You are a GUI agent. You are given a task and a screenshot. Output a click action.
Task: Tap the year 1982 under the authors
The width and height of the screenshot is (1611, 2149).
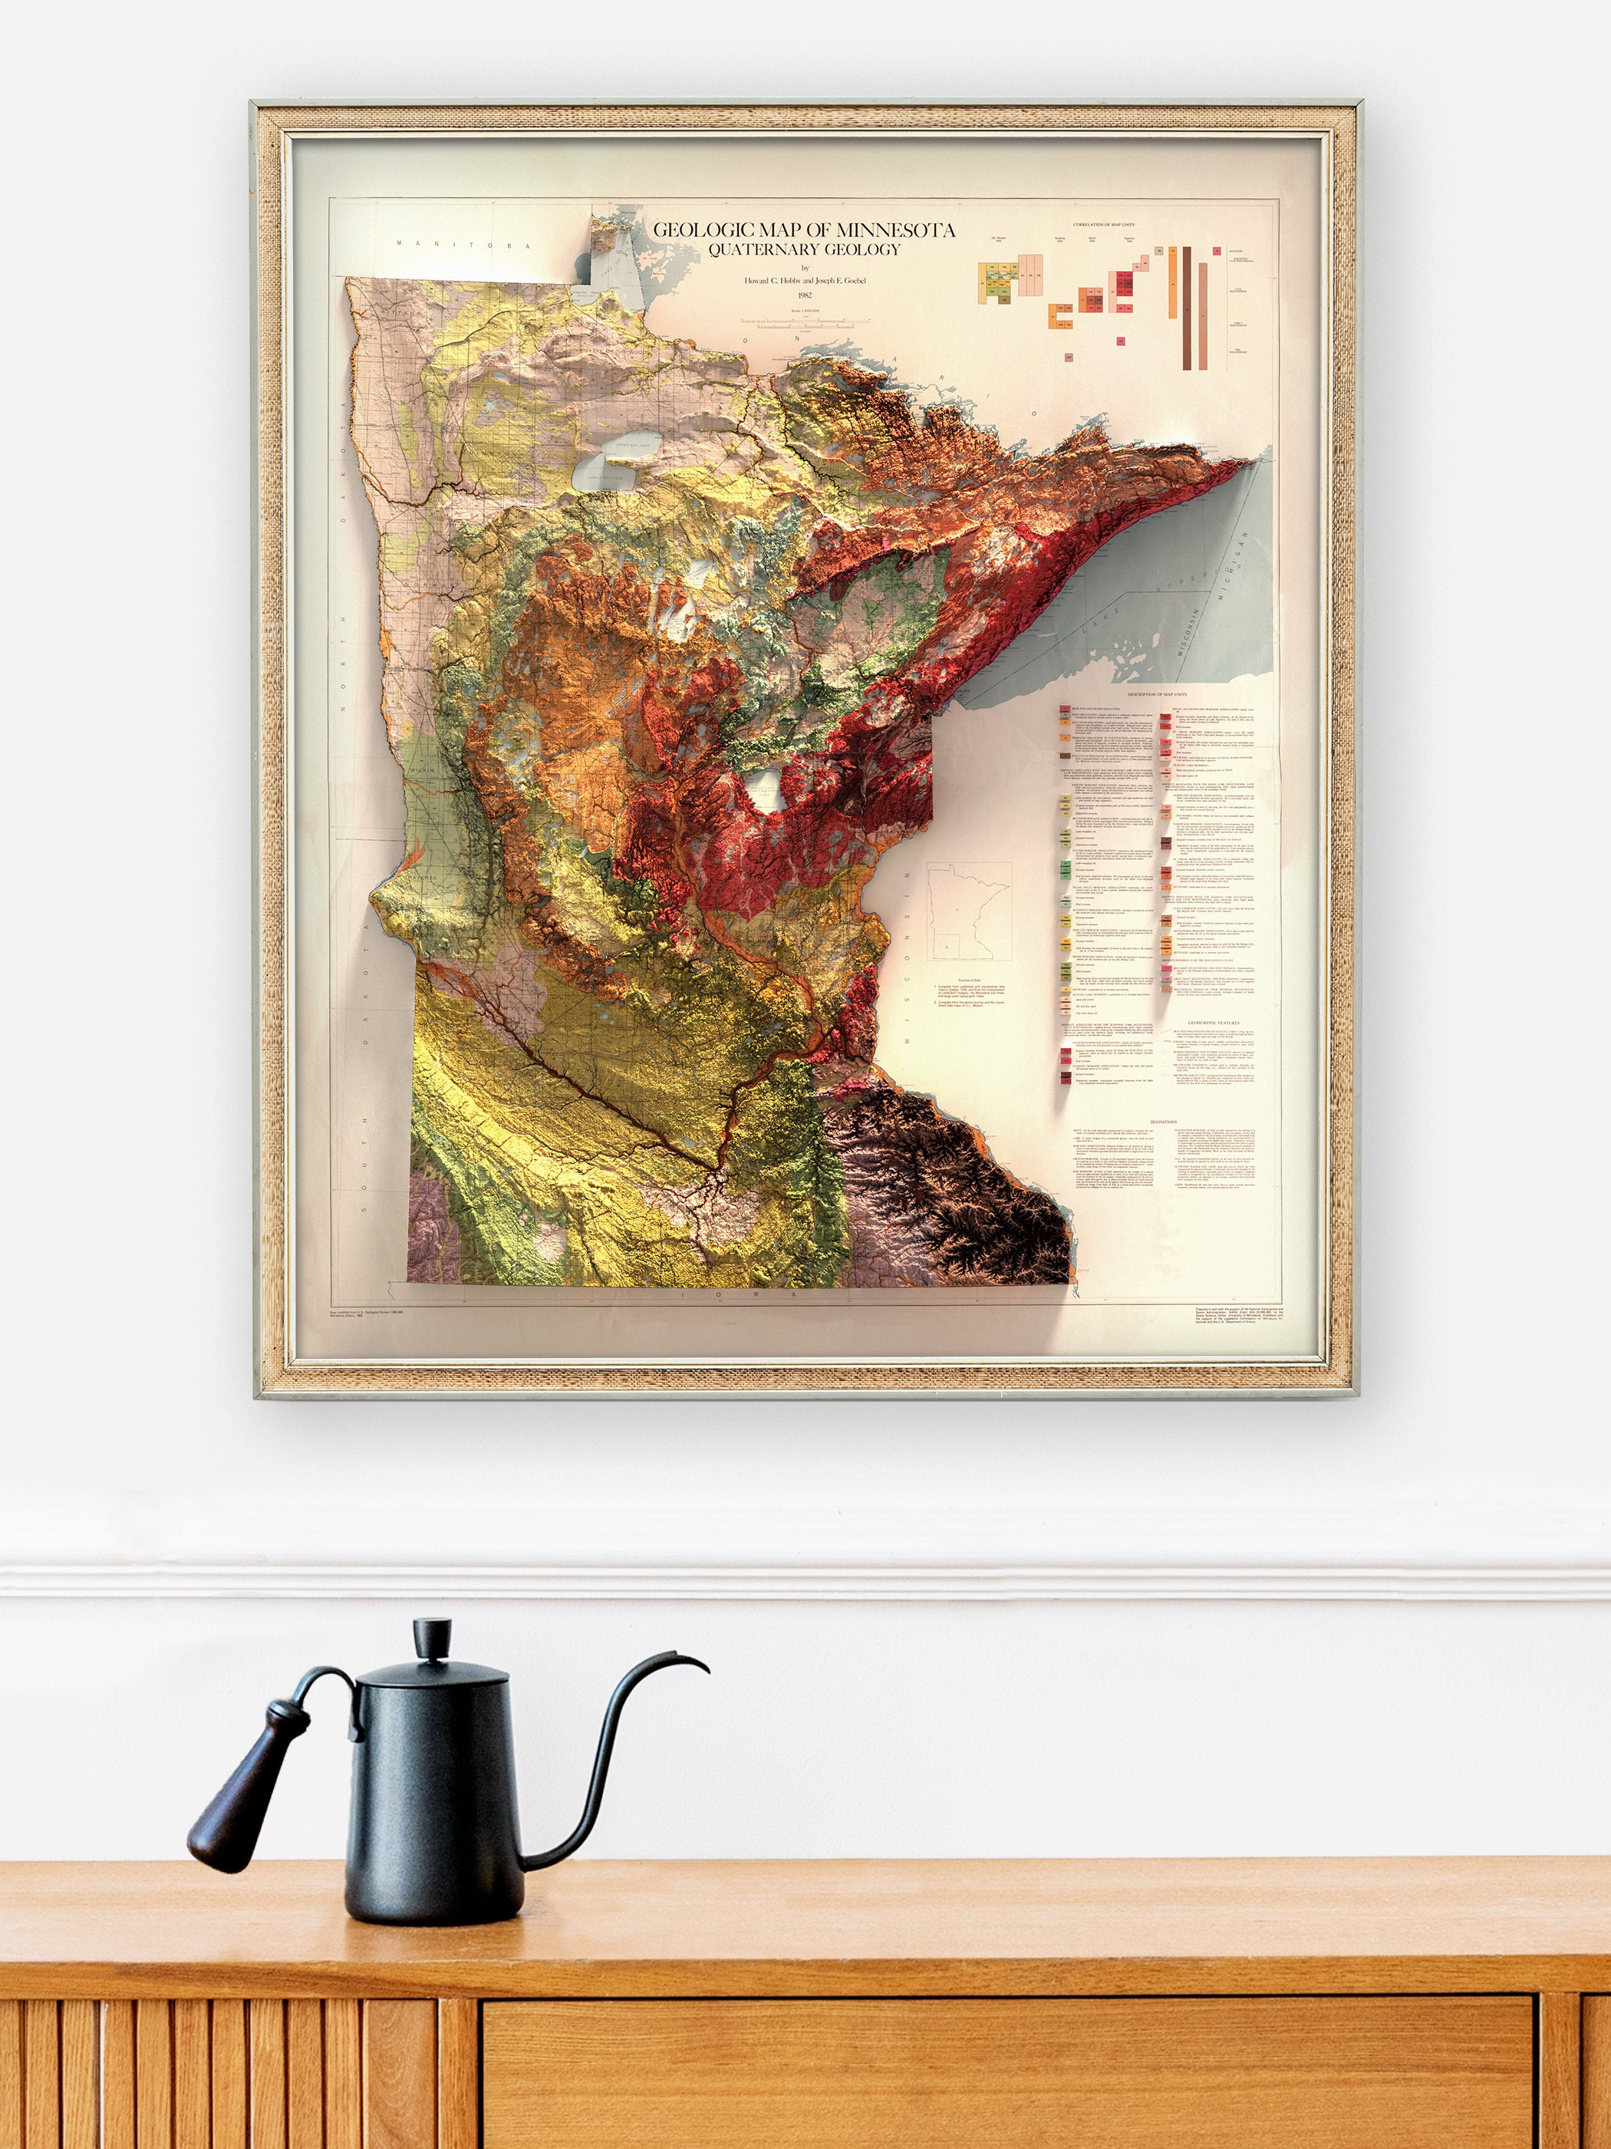click(803, 297)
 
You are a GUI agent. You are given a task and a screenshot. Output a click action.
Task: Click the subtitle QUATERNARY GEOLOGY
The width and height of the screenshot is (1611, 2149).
click(803, 249)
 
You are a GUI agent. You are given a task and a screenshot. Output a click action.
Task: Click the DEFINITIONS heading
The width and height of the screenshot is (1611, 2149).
click(1166, 1120)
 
